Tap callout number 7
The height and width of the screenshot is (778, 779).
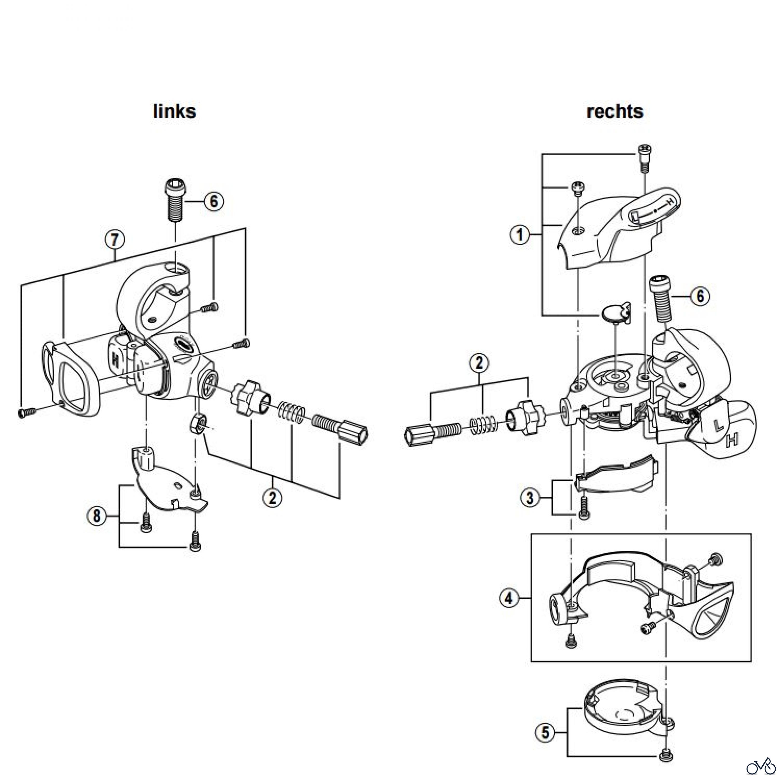click(x=115, y=240)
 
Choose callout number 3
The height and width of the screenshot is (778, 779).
click(x=529, y=498)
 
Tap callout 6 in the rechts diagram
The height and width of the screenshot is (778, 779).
click(x=700, y=296)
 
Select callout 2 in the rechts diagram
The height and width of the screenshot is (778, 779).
click(x=479, y=363)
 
